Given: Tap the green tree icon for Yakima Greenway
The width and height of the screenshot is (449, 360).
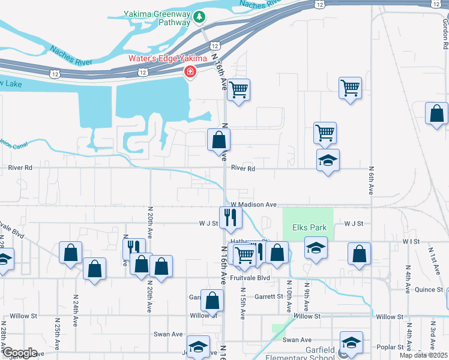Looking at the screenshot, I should click(200, 19).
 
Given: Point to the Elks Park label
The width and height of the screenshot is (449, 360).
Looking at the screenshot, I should click(309, 227).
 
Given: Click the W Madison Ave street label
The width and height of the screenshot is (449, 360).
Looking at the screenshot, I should click(252, 205).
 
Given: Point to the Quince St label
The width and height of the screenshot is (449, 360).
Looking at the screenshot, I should click(429, 289).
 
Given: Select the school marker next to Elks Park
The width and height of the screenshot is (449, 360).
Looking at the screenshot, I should click(315, 247).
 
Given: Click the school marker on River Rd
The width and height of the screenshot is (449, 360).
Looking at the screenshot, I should click(328, 160).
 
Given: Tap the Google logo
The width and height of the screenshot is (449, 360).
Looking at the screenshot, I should click(19, 353).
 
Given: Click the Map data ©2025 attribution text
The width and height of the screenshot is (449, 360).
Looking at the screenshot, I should click(424, 355).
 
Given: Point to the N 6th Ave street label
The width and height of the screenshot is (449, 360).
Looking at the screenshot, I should click(372, 181).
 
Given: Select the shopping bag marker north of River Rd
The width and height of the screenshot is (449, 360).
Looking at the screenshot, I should click(218, 140).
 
